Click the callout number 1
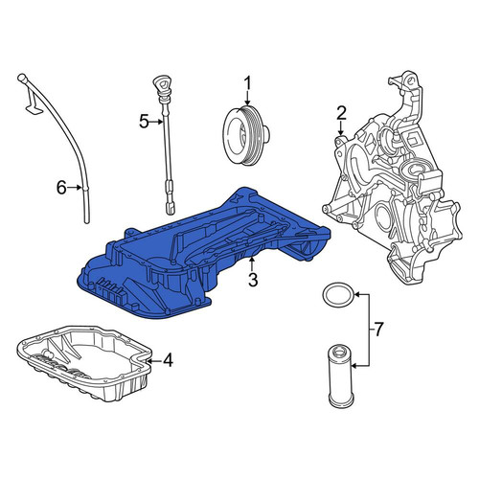click(x=248, y=83)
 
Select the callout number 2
click(x=341, y=114)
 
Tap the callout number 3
click(x=253, y=281)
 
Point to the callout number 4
click(x=168, y=360)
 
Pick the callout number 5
click(x=144, y=122)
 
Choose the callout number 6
click(x=61, y=188)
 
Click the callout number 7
click(x=378, y=330)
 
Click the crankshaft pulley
click(x=246, y=135)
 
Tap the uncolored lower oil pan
click(x=83, y=362)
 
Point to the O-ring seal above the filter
click(x=338, y=294)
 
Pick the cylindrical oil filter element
click(x=340, y=379)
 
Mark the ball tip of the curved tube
click(x=21, y=78)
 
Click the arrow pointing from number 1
click(x=248, y=98)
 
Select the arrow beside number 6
click(x=75, y=188)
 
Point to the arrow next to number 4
click(x=155, y=361)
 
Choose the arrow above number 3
click(x=252, y=265)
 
